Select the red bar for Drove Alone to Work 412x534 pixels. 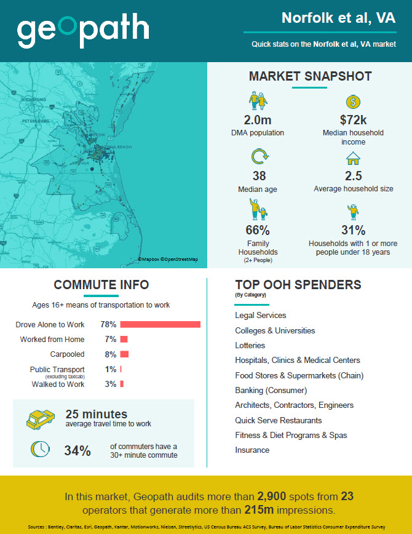click(x=160, y=324)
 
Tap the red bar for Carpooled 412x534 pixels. click(x=124, y=354)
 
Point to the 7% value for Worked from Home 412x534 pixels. click(x=111, y=340)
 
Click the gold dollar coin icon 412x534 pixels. click(x=352, y=102)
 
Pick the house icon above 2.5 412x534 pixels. click(x=353, y=159)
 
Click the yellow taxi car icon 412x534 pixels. click(x=42, y=420)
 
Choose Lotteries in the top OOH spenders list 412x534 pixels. click(x=250, y=346)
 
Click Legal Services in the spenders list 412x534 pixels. click(x=261, y=316)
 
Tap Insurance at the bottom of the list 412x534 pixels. click(x=252, y=450)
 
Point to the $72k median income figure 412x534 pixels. click(x=353, y=120)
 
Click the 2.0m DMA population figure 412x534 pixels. click(x=258, y=120)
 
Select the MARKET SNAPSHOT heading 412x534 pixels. click(x=310, y=77)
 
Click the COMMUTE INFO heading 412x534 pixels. click(x=101, y=285)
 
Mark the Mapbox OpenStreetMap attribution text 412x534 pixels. click(x=168, y=260)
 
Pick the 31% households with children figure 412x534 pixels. click(x=353, y=231)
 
